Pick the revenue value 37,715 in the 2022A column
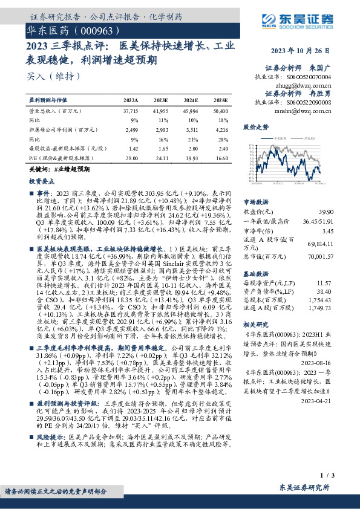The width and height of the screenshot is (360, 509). (131, 112)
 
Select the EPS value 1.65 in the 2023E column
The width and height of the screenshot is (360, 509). (162, 148)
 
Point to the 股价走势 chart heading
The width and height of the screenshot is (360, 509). (255, 128)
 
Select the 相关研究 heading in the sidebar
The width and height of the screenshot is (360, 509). (255, 325)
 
